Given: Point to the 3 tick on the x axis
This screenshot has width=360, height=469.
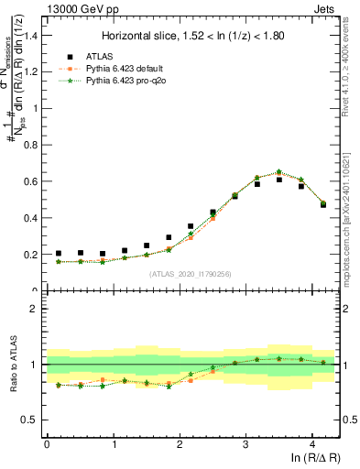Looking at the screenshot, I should point(245,444).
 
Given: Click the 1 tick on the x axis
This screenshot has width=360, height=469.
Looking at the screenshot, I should point(113,444).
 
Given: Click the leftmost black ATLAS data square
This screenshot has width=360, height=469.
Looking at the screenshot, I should point(59,254).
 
